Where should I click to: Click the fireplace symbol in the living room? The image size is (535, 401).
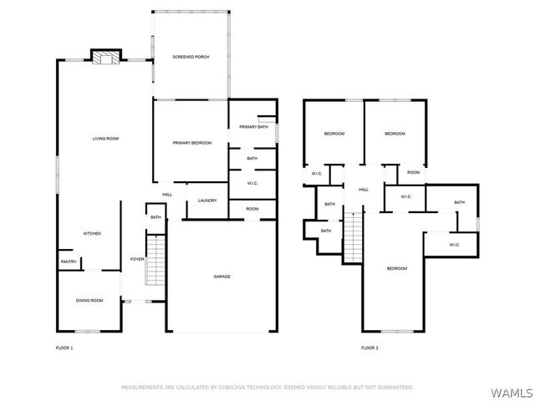coord(106,58)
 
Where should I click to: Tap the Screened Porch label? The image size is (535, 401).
coord(191,57)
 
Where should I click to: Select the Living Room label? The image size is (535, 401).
coord(106,139)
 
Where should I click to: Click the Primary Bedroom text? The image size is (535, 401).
coord(192,143)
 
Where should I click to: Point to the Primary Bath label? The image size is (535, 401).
coord(253,127)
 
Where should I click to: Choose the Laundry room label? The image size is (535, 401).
coord(207,200)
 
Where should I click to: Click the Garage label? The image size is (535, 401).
coord(222,277)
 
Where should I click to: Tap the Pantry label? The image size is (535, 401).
coord(69,261)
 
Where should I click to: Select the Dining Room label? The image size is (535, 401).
coord(89,301)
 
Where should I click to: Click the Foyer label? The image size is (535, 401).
coord(137,259)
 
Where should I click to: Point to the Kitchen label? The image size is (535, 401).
coord(92,234)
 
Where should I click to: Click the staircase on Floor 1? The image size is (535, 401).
coord(155,260)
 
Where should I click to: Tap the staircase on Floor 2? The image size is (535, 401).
coord(353,237)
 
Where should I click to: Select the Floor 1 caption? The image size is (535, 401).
coord(64,348)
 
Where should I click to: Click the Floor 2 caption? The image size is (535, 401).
coord(369,348)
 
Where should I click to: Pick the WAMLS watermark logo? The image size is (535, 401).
coord(512,393)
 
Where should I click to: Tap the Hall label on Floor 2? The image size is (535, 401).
coord(364,190)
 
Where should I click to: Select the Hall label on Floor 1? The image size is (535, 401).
coord(167,195)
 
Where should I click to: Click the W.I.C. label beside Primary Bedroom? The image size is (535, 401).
coord(252,184)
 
